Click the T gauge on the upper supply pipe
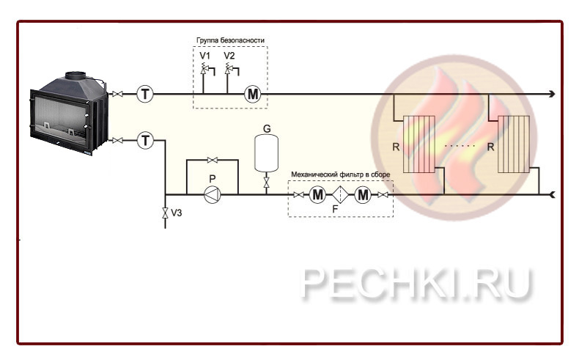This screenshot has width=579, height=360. pyautogui.click(x=145, y=94)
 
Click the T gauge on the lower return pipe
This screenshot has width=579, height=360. pyautogui.click(x=145, y=140)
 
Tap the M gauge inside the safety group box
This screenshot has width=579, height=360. pyautogui.click(x=253, y=94)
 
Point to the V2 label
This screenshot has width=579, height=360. pyautogui.click(x=229, y=56)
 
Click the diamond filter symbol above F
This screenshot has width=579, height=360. pyautogui.click(x=341, y=195)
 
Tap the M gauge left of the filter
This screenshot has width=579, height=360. pyautogui.click(x=317, y=195)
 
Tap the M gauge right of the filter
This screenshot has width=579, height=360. pyautogui.click(x=364, y=195)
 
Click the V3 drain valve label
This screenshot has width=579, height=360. pyautogui.click(x=176, y=213)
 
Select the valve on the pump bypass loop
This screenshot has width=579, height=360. pyautogui.click(x=213, y=160)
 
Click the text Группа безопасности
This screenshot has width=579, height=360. pyautogui.click(x=230, y=40)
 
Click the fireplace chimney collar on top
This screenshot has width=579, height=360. pyautogui.click(x=76, y=74)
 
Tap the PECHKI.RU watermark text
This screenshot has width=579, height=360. pyautogui.click(x=416, y=284)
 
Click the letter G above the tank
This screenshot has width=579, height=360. pyautogui.click(x=267, y=128)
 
